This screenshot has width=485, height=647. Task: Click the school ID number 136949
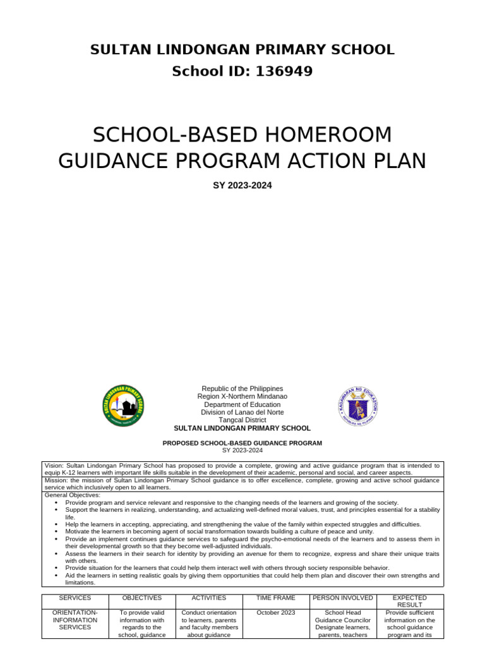tap(284, 71)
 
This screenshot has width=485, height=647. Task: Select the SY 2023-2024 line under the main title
tap(242, 186)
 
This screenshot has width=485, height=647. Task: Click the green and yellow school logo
tap(123, 405)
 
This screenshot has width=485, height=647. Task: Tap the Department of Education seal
tap(358, 405)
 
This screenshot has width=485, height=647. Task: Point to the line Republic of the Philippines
tap(242, 389)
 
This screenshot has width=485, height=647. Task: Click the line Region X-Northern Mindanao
tap(242, 396)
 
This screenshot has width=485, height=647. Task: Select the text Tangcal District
tap(242, 420)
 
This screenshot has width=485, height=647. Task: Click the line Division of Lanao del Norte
tap(242, 412)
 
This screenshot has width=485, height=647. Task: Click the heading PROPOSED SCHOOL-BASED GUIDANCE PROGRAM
tap(242, 443)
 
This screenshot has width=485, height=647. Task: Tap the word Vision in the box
tap(54, 465)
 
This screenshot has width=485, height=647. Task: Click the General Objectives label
tap(68, 495)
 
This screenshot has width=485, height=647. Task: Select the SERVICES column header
tap(75, 598)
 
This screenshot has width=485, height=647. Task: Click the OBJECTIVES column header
tap(142, 598)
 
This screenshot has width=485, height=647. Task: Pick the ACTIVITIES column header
tap(208, 598)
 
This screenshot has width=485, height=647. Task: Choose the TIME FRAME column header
tap(276, 598)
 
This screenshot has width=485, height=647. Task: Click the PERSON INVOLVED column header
tap(343, 598)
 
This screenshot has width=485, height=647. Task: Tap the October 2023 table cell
tap(276, 612)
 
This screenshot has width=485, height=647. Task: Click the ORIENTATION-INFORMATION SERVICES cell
tap(75, 620)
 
